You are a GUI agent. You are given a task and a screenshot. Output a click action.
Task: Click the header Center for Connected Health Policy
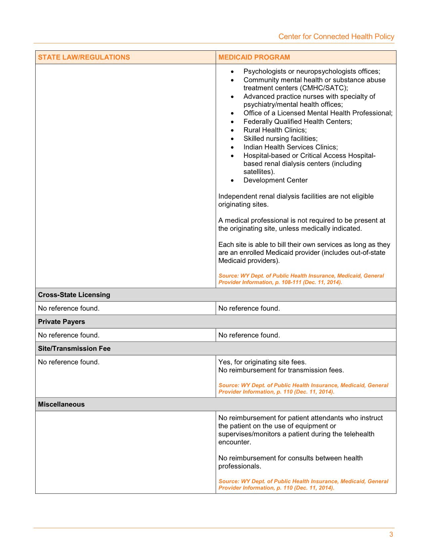tap(336, 37)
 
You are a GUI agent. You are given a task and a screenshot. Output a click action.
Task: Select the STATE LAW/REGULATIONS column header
tap(84, 57)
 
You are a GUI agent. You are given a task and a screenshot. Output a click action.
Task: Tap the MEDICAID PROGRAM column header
tap(254, 57)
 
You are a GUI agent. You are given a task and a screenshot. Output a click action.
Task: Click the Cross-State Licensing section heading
tap(74, 295)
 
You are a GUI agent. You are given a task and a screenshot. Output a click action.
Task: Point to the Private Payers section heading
tap(61, 322)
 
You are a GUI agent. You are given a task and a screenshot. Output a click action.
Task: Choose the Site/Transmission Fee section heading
tap(74, 349)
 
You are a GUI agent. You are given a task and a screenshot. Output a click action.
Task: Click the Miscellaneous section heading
tap(61, 404)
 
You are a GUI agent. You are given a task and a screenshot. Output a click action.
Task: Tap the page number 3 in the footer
tap(391, 535)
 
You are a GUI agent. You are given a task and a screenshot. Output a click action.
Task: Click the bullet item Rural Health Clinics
tap(275, 130)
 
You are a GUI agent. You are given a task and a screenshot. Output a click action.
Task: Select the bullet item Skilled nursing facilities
tap(280, 139)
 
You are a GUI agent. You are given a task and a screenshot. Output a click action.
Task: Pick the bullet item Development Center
tap(275, 180)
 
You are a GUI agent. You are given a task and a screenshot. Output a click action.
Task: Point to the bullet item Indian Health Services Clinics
tap(290, 147)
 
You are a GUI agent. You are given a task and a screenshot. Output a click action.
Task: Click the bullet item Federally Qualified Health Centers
tap(298, 122)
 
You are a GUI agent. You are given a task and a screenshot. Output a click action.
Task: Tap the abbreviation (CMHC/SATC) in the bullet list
tap(325, 88)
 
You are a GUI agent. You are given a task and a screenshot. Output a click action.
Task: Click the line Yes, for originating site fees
tap(262, 362)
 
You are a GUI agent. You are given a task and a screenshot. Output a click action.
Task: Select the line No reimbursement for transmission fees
tap(281, 370)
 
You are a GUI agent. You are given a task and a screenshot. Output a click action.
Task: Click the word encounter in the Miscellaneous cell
tap(234, 442)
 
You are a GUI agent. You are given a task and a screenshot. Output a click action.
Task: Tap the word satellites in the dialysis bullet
tap(259, 172)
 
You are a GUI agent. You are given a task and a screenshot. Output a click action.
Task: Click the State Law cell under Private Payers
tap(69, 335)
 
